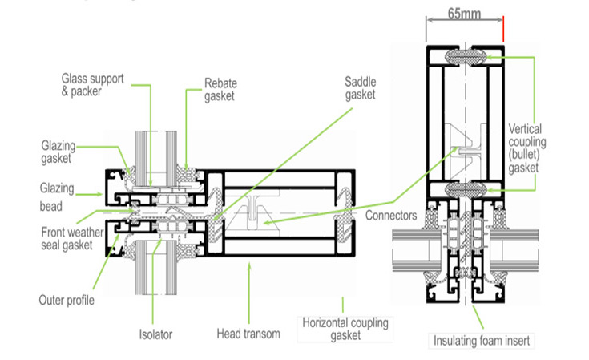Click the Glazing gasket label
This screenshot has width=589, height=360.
pyautogui.click(x=61, y=152)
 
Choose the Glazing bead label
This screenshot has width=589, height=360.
pyautogui.click(x=57, y=196)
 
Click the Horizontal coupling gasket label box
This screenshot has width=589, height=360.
pyautogui.click(x=345, y=329)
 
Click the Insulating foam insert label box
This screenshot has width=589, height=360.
pyautogui.click(x=480, y=340)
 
